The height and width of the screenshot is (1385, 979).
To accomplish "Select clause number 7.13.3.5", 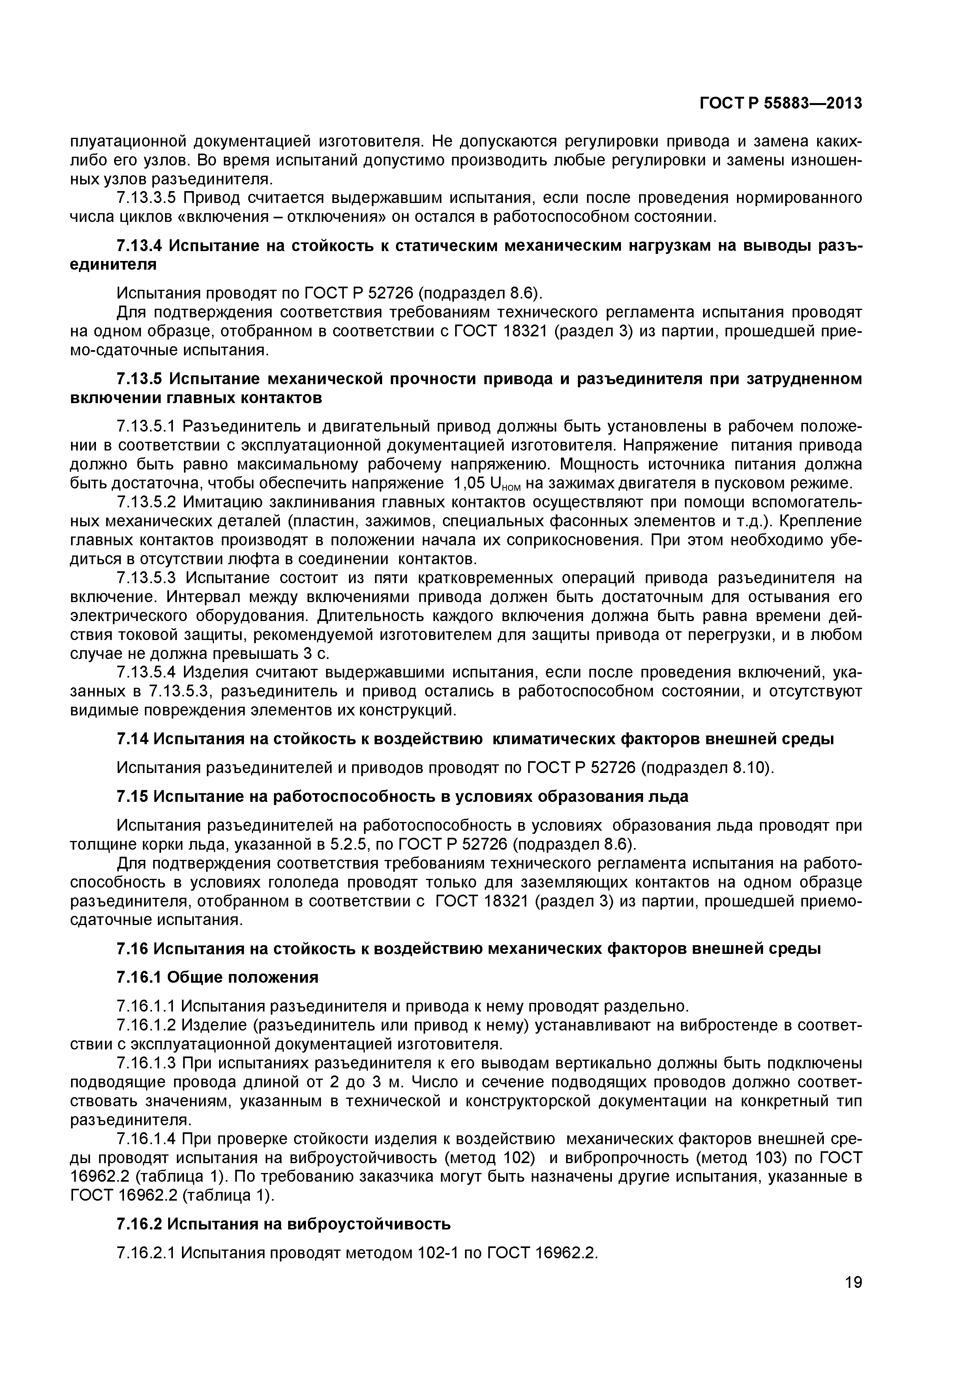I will click(146, 198).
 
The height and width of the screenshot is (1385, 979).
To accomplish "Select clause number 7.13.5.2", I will click(146, 503).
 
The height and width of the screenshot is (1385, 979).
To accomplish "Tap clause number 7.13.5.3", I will click(146, 578).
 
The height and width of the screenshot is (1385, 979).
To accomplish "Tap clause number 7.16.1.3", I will click(146, 1062).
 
